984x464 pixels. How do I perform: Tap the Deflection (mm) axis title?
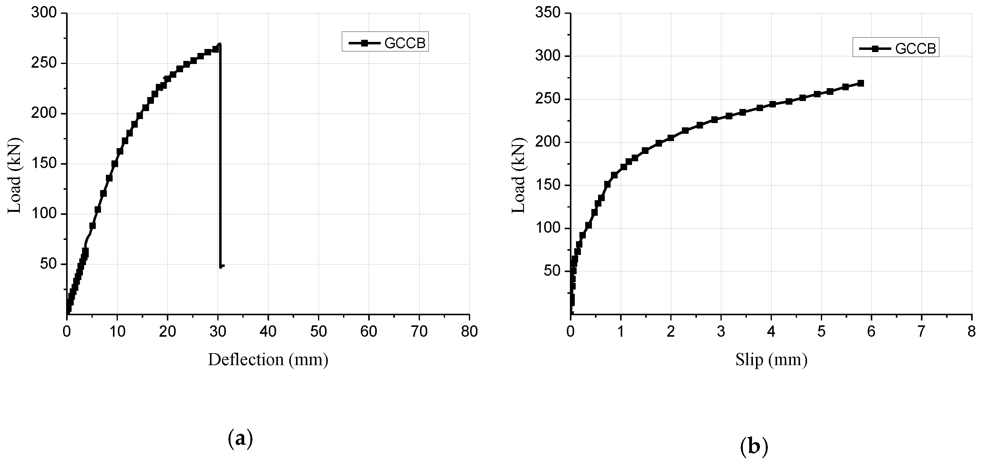click(268, 360)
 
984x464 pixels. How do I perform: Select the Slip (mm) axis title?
click(771, 360)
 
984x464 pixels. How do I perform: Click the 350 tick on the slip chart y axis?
click(547, 13)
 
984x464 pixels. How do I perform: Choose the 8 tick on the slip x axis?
click(972, 331)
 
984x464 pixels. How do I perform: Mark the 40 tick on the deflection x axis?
click(268, 331)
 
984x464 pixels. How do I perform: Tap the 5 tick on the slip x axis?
click(821, 331)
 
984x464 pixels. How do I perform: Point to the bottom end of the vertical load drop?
click(221, 267)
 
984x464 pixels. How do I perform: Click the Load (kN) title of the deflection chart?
click(14, 175)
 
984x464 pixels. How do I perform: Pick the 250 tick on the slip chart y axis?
click(547, 99)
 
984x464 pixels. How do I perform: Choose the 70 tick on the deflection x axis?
click(419, 331)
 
